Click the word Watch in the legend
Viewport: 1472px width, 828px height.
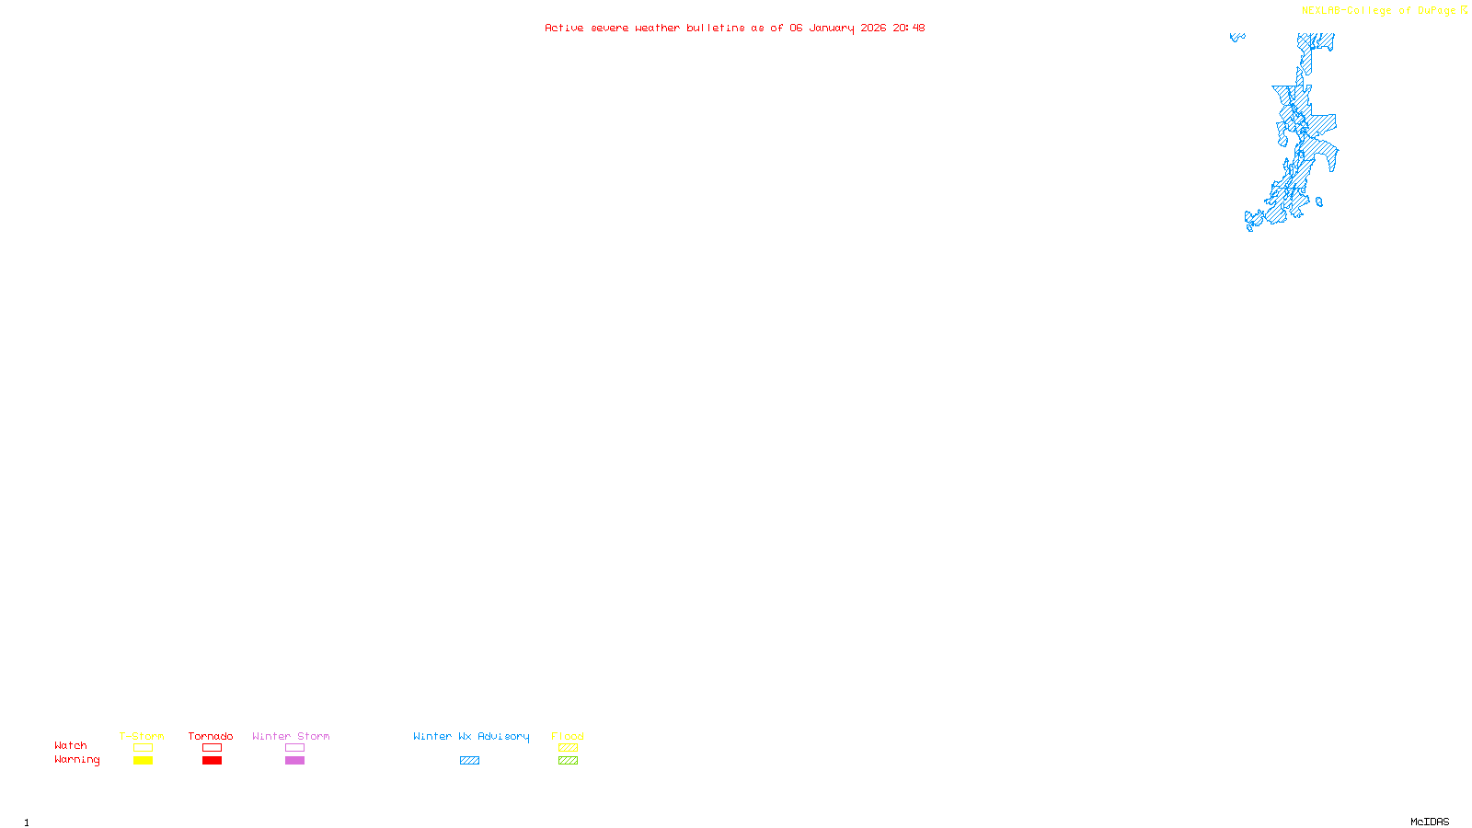click(71, 745)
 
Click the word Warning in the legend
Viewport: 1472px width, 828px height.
click(76, 760)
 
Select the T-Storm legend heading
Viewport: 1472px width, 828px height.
click(142, 736)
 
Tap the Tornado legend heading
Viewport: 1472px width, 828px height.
click(211, 736)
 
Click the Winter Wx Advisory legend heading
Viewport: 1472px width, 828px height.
click(471, 736)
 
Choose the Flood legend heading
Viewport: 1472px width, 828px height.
click(568, 736)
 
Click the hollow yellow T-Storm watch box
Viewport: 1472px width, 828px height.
click(143, 748)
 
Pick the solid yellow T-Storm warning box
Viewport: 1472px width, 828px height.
click(143, 761)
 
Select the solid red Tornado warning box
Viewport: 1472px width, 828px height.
click(212, 761)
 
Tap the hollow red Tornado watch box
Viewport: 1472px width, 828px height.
click(212, 748)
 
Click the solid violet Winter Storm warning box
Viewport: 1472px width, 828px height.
click(294, 761)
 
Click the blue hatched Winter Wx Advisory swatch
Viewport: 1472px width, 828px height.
click(469, 761)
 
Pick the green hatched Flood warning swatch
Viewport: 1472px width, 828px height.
click(568, 761)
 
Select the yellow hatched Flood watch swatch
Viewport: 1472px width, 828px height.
click(568, 748)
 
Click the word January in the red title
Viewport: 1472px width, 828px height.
click(832, 28)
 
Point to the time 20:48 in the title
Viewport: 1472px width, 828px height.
click(908, 28)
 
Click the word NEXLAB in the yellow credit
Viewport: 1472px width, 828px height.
click(1321, 11)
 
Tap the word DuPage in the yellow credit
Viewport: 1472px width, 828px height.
click(1436, 11)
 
